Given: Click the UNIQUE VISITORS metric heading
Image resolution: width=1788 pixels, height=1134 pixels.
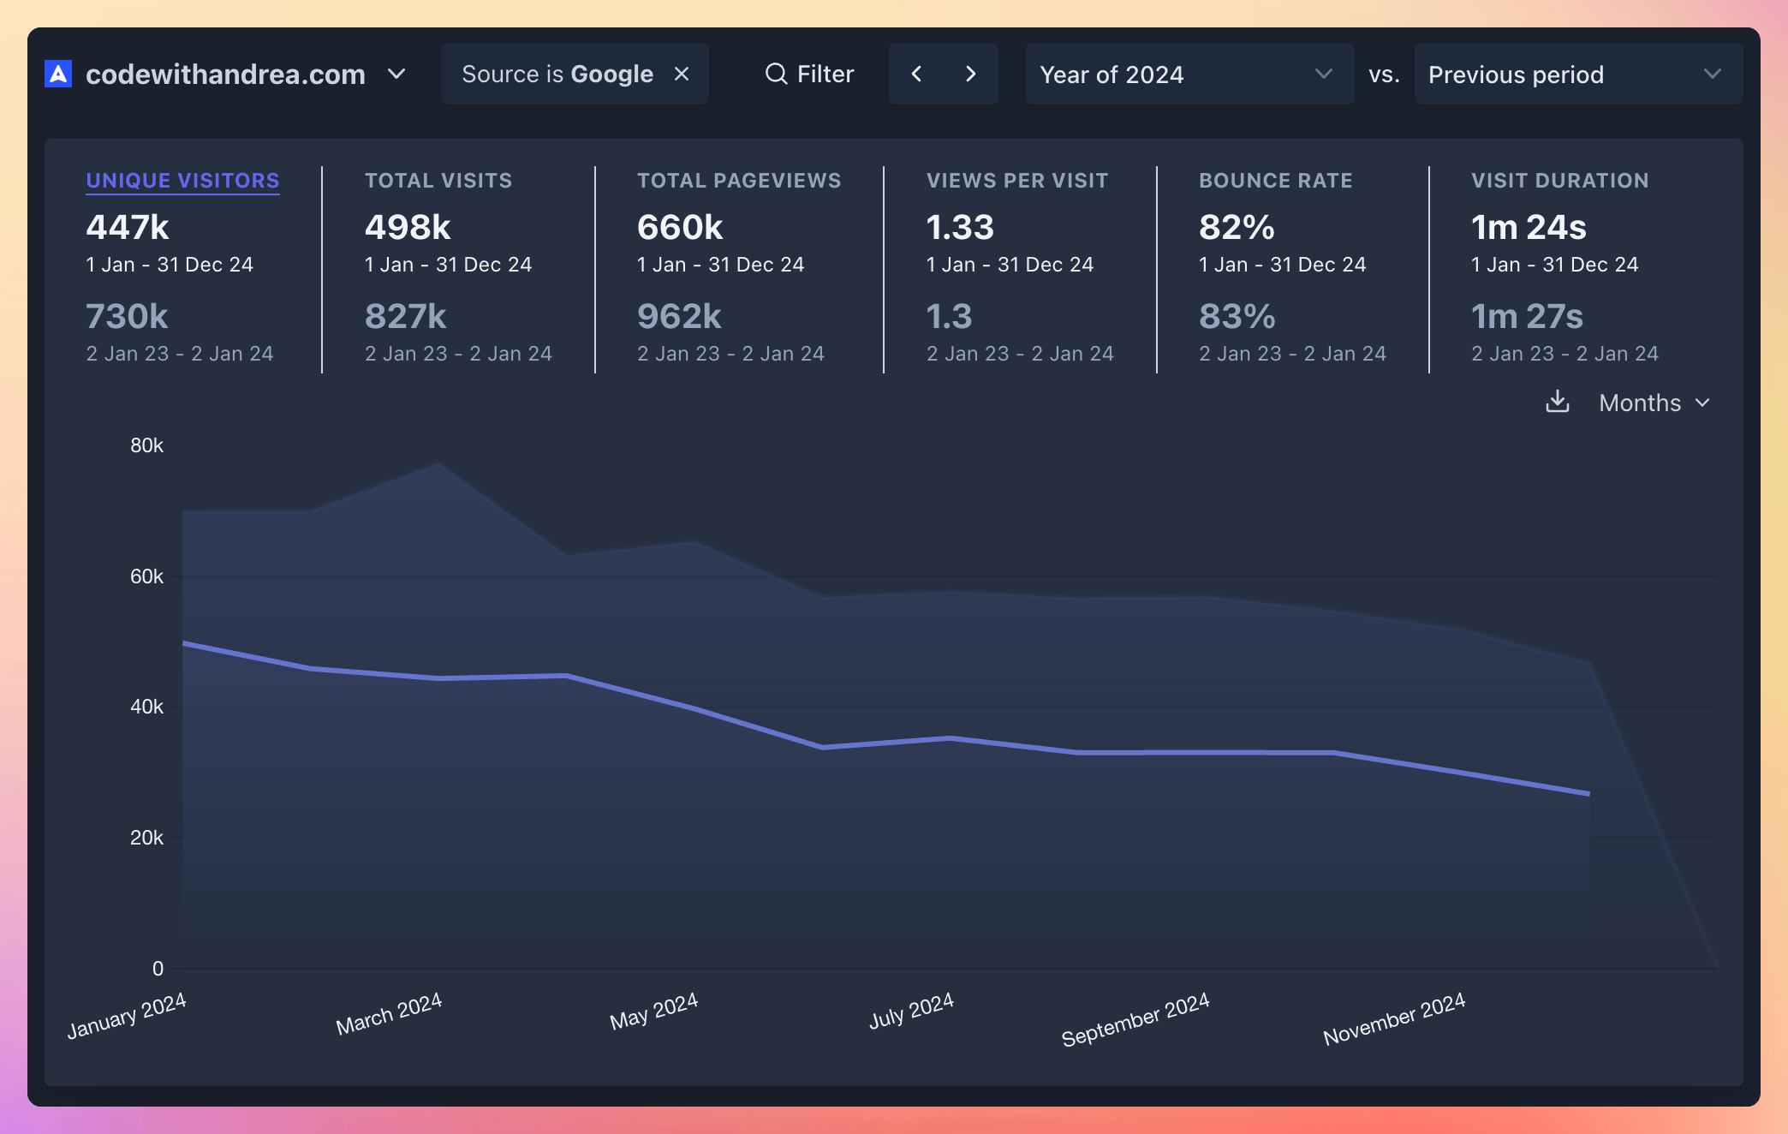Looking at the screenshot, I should (182, 181).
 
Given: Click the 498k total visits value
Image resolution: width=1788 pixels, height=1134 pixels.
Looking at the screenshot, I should (408, 228).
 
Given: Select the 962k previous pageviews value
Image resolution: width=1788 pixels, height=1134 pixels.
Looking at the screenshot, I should (679, 317).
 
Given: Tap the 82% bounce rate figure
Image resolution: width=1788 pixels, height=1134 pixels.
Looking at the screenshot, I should (1237, 228).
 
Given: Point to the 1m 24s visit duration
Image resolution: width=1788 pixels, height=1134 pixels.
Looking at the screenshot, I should (1529, 228).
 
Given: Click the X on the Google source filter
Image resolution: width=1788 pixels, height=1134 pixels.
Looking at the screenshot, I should (682, 75).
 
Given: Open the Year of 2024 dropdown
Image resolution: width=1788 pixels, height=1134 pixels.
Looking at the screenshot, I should (1189, 75).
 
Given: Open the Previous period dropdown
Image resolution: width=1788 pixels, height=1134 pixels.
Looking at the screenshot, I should (1577, 75).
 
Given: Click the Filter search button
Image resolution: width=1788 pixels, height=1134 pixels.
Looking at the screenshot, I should (809, 75).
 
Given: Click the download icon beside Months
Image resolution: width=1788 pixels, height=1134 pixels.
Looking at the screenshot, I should (1557, 402).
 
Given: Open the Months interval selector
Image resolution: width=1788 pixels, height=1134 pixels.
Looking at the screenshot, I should (1654, 403).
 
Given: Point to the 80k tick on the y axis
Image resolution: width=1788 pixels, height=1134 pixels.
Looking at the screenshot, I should (146, 445).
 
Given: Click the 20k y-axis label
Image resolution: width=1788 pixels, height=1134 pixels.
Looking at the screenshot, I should (146, 838).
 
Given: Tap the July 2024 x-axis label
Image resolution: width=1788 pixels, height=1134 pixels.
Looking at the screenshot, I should (911, 1011).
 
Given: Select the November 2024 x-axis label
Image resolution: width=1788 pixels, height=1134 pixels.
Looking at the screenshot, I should (1393, 1018).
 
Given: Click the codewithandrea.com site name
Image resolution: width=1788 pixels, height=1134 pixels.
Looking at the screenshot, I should (225, 75).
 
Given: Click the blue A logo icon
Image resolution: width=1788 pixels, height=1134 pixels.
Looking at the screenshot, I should (58, 75).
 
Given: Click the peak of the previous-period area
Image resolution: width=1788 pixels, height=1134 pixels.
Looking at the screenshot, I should (438, 464).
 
